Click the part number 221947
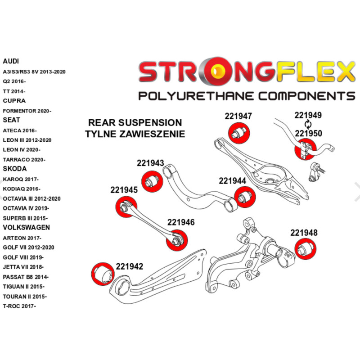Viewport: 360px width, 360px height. (238, 116)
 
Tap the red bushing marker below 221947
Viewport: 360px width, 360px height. (239, 132)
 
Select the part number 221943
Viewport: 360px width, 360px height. (150, 164)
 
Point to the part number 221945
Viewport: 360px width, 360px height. (124, 190)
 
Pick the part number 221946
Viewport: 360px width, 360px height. (181, 222)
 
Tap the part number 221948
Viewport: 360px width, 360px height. (304, 233)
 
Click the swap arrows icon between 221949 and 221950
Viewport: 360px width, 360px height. (308, 124)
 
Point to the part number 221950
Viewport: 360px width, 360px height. (308, 133)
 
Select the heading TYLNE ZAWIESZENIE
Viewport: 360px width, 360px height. (135, 134)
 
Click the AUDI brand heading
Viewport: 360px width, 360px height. (11, 61)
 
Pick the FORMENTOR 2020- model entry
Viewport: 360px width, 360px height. (27, 111)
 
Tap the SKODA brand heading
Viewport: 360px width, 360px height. (14, 169)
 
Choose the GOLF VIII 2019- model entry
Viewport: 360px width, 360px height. (23, 257)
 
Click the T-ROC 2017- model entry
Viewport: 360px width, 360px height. (19, 306)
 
